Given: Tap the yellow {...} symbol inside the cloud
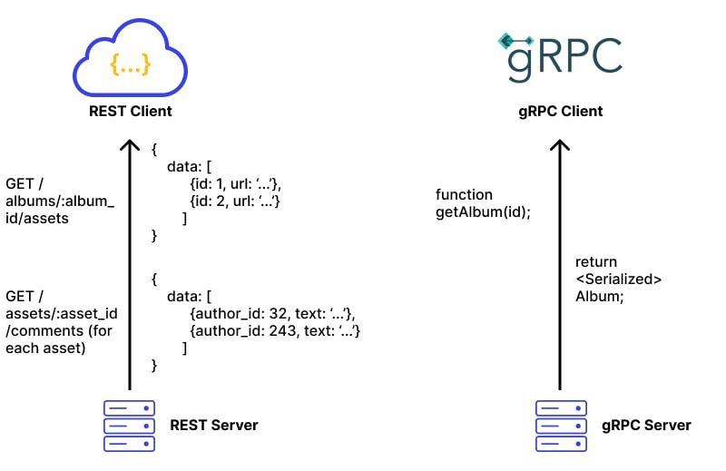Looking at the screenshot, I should coord(130,65).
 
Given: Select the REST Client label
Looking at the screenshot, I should coord(130,112).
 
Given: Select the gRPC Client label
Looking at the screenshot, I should coord(559,112).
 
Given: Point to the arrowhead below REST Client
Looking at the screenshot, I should coord(130,145).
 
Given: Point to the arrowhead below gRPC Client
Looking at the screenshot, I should coord(560,145).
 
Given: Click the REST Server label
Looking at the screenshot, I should coord(214,425).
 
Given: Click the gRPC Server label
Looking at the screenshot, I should coord(645,425).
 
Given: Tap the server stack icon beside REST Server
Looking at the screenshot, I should coord(129,426).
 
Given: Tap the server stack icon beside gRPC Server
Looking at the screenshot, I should coord(560,426).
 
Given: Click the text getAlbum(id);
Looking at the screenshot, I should coord(483,211).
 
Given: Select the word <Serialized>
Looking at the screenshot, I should coord(618,279).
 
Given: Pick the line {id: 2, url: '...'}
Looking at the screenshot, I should coord(234,201).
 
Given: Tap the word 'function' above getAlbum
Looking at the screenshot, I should coord(464,195).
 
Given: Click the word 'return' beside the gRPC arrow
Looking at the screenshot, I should coord(596,262).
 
